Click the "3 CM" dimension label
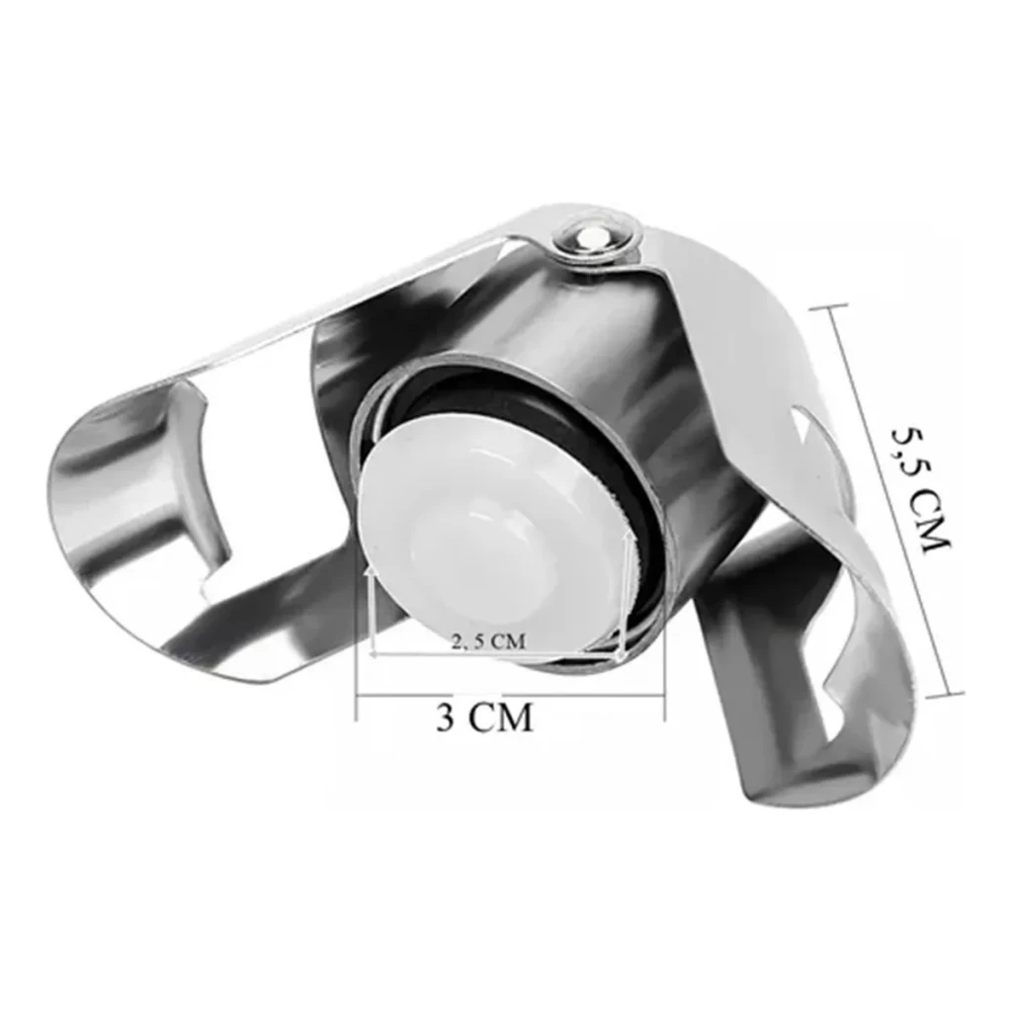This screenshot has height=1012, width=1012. (x=484, y=717)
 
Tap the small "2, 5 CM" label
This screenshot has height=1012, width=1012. (x=488, y=641)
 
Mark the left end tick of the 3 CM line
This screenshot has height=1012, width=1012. (x=357, y=696)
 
